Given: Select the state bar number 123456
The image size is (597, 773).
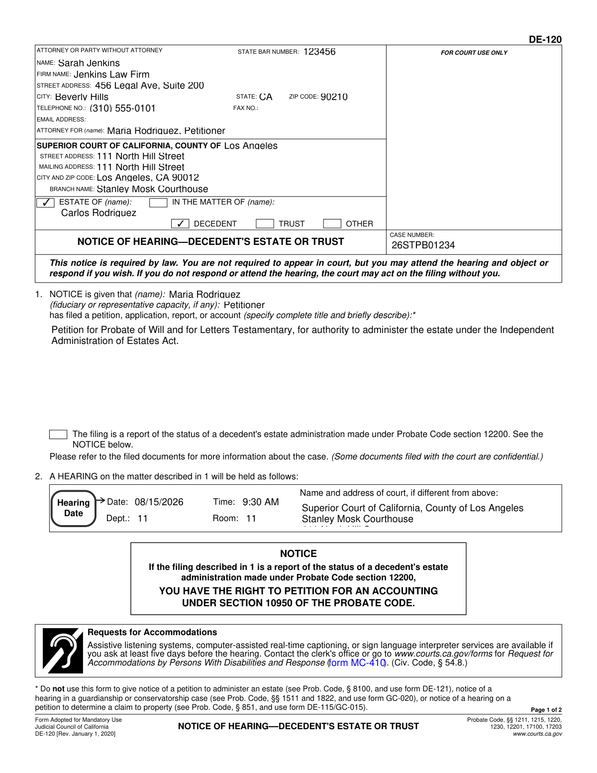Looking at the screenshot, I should coord(319,52).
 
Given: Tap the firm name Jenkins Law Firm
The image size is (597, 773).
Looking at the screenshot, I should coord(111,75).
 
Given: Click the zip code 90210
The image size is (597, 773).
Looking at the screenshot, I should coord(334,97).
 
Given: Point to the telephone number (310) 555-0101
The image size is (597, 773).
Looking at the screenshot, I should coord(122,109).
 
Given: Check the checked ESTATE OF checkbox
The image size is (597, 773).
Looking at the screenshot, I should coord(46,203).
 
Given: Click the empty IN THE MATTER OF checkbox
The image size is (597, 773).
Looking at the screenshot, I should coord(158,203).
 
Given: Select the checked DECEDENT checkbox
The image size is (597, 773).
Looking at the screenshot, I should coord(180,224).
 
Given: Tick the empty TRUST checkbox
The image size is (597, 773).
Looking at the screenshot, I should coord(265,224).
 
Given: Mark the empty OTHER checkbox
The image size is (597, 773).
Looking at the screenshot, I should coord(332,224).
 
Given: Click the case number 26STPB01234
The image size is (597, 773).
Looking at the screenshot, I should coord(423,245).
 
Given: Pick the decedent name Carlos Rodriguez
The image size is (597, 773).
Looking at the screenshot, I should coord(99,213).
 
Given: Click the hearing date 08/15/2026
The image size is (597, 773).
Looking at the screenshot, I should coord(159,502).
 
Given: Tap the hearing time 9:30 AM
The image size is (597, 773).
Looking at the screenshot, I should coord(261,502).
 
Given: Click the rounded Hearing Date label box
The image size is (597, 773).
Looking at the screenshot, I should coord(74,508).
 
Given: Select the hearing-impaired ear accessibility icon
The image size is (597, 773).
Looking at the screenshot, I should coord(62,651).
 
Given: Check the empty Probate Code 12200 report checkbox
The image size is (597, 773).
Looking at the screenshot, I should coord(58,435).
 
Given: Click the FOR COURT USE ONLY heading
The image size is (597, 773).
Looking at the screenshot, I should coord(474,53).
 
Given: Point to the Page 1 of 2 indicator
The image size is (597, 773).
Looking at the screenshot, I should coord(546,710).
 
